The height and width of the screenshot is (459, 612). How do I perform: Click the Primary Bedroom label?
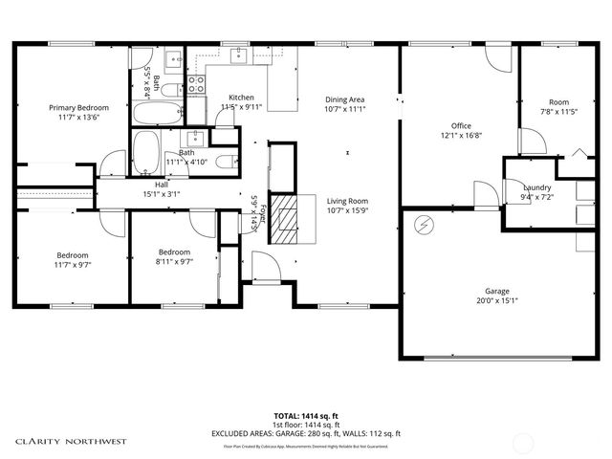tap(78, 108)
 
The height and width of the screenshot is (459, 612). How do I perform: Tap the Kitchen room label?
tap(241, 98)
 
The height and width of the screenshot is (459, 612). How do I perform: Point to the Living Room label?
tap(348, 201)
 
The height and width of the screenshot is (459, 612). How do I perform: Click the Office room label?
tap(460, 125)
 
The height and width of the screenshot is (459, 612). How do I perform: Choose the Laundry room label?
tap(535, 187)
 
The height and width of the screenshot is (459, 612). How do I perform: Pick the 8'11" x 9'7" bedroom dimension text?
tap(175, 261)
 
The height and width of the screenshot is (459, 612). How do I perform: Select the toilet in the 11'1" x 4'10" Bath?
tap(221, 162)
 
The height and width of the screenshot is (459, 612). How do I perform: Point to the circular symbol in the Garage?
tap(423, 226)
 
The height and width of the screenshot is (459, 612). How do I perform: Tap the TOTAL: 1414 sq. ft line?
tap(306, 416)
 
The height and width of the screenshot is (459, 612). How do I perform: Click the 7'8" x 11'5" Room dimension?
tap(558, 112)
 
